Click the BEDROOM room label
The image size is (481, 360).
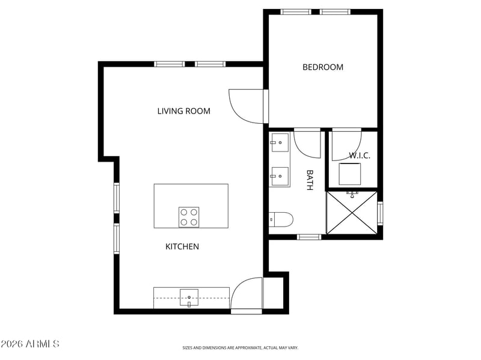point(323,67)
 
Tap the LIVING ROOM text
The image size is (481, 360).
point(183,111)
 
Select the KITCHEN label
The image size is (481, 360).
point(182,246)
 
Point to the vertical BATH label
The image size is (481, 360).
point(310,180)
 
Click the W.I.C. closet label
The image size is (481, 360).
point(360,156)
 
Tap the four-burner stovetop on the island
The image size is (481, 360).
point(189,217)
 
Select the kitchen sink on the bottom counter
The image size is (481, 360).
point(189,295)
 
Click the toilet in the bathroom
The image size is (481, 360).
point(281,220)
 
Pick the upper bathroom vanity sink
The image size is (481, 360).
point(280,142)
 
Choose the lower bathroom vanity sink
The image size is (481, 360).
point(280,176)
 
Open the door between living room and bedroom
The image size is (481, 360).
point(248,106)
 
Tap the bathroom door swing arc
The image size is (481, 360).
point(307,143)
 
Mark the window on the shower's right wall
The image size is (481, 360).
point(379,213)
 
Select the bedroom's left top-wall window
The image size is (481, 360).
point(296,11)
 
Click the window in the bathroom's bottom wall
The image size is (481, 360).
point(310,237)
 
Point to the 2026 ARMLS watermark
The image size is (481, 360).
point(30,344)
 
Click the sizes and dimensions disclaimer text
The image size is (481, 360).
point(240,347)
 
